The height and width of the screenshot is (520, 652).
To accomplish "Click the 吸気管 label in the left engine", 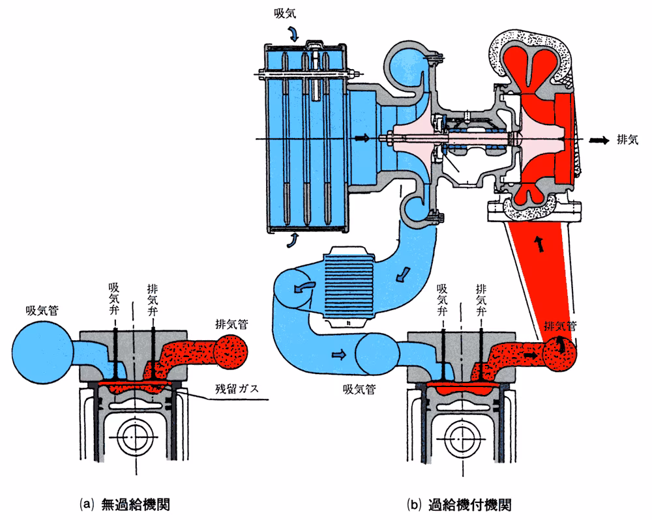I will tap(42, 311).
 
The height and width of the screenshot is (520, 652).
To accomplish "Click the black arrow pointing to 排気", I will tap(597, 140).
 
